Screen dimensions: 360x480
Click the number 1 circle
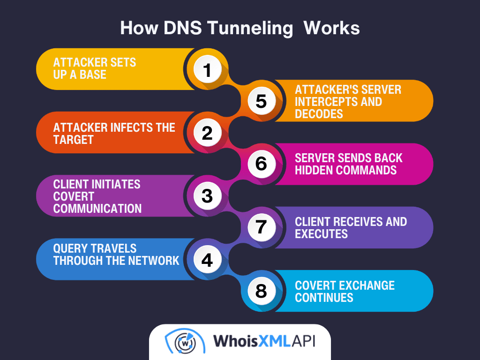coord(207,69)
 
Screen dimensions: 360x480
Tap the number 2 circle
coord(207,133)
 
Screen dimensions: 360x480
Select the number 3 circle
coord(207,196)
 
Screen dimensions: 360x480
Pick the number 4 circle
coord(207,259)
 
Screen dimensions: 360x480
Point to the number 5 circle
coord(261,101)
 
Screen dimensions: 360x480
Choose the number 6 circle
coord(261,164)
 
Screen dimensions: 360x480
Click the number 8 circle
coord(261,291)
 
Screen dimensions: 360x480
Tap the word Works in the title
coord(332,28)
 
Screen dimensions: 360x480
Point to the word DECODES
coord(319,114)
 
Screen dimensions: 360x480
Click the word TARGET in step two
coord(74,140)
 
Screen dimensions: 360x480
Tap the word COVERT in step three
coord(74,196)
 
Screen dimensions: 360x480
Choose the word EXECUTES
coord(322,234)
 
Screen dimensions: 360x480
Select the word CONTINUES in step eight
coord(324,297)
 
